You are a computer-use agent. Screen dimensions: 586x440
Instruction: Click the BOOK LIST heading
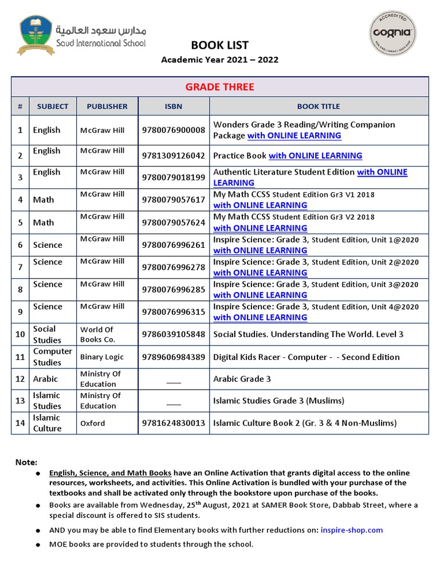pos(219,46)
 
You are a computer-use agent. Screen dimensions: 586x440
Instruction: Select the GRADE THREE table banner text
pos(219,87)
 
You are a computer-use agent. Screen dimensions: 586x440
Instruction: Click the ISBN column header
pos(173,106)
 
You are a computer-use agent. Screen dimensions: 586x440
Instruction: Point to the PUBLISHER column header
pos(107,106)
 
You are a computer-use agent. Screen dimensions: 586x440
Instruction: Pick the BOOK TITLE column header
pos(318,106)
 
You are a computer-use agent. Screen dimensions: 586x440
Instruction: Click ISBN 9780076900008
pos(173,130)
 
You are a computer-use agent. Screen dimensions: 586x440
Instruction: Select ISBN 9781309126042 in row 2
pos(173,156)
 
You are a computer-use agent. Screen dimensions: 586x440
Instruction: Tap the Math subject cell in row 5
pos(44,223)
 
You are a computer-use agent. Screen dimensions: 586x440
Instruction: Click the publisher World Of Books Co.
pos(97,334)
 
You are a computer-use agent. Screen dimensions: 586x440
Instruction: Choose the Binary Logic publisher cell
pos(102,357)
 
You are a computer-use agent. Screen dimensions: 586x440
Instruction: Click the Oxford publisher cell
pos(93,423)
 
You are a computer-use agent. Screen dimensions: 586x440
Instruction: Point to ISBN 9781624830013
pos(173,423)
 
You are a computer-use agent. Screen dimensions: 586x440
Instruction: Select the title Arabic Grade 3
pos(242,379)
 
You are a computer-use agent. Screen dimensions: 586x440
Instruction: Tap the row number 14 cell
pos(20,423)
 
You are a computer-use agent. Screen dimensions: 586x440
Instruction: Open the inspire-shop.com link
pos(351,530)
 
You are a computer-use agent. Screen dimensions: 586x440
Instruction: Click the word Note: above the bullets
pos(26,462)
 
